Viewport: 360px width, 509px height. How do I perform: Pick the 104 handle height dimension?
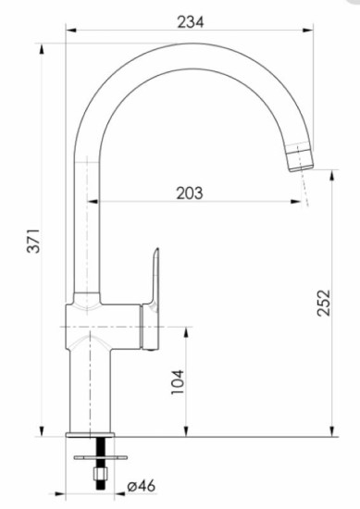pyautogui.click(x=179, y=380)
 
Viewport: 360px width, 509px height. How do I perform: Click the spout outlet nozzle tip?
pyautogui.click(x=301, y=158)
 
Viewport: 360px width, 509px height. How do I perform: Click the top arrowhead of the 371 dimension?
pyautogui.click(x=43, y=46)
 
